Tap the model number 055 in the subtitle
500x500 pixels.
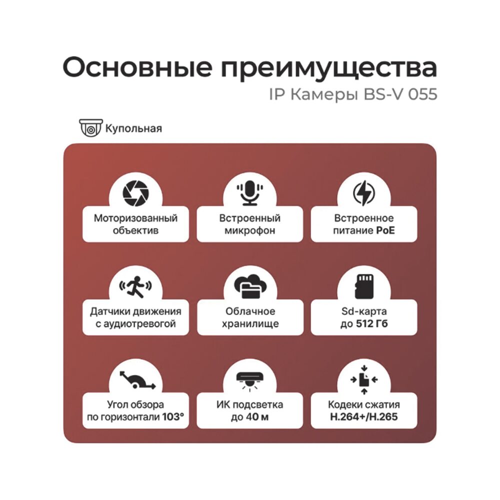pyautogui.click(x=423, y=94)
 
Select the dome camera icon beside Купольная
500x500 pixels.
pyautogui.click(x=91, y=128)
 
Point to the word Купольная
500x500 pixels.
pyautogui.click(x=133, y=128)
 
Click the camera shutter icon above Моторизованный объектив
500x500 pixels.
pyautogui.click(x=135, y=192)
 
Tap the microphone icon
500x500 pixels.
pyautogui.click(x=249, y=192)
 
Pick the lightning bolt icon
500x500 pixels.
pyautogui.click(x=363, y=192)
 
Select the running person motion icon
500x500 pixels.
pyautogui.click(x=135, y=286)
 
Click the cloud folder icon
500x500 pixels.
pyautogui.click(x=249, y=286)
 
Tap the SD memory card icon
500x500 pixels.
pyautogui.click(x=363, y=285)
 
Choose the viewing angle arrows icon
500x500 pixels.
pyautogui.click(x=135, y=379)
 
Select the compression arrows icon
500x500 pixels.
pyautogui.click(x=363, y=379)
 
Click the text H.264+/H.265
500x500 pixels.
pyautogui.click(x=363, y=416)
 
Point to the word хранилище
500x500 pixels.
pyautogui.click(x=249, y=324)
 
